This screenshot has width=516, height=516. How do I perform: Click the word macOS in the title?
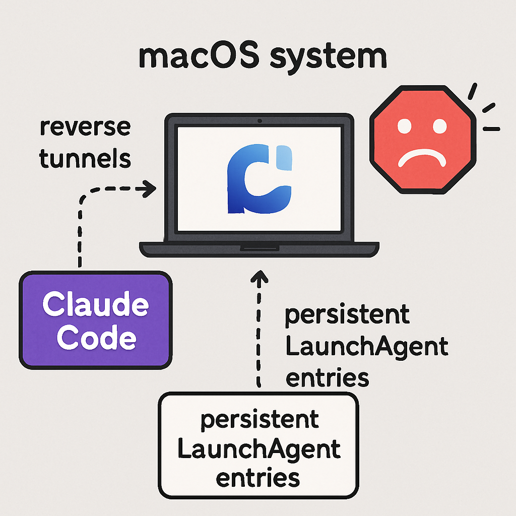click(x=199, y=56)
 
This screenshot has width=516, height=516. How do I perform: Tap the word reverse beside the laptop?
click(x=85, y=127)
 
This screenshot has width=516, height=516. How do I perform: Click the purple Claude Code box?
click(x=95, y=320)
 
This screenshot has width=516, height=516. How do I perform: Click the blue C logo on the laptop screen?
click(x=260, y=179)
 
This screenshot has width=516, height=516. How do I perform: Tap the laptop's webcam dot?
click(x=260, y=121)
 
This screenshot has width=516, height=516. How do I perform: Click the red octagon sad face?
click(x=423, y=140)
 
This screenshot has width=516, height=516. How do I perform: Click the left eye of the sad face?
click(x=405, y=126)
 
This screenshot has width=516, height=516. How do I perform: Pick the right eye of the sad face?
click(x=439, y=126)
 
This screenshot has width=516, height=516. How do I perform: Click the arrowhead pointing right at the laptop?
click(x=149, y=188)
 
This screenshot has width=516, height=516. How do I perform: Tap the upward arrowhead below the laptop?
click(x=260, y=277)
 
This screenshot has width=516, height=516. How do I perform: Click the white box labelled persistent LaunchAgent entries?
click(x=259, y=445)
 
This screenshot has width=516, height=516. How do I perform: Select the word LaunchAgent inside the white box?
click(x=259, y=449)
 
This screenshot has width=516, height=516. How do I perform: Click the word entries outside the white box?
click(x=327, y=378)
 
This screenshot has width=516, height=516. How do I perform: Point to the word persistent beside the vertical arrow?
click(x=347, y=315)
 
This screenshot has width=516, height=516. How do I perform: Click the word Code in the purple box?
click(x=96, y=337)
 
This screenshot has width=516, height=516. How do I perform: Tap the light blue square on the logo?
click(x=284, y=158)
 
